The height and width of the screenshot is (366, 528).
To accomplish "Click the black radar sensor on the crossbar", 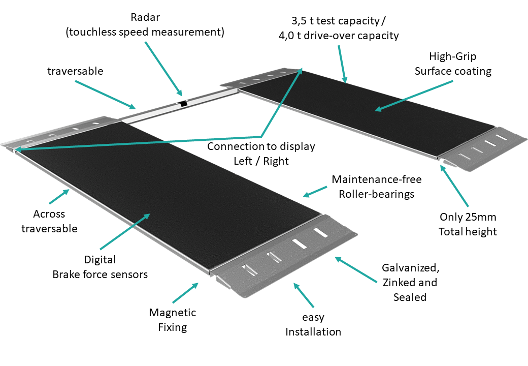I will [x=183, y=104].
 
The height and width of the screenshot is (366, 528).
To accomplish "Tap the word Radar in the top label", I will [x=145, y=18].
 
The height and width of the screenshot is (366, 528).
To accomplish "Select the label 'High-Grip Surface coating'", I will [x=453, y=64].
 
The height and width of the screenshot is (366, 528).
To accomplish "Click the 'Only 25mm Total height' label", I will [x=468, y=224].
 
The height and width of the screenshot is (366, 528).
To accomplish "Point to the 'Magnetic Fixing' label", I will [x=172, y=320].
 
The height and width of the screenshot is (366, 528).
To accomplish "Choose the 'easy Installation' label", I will [x=313, y=325].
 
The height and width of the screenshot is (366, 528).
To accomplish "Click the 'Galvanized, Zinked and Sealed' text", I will [x=409, y=282].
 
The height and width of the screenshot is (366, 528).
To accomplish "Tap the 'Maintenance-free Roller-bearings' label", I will [x=376, y=187].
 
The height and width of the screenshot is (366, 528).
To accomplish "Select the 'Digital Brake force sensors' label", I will [x=100, y=267].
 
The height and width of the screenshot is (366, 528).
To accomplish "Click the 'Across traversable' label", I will [x=49, y=221].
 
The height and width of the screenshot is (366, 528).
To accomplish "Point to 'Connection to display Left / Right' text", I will [x=261, y=154].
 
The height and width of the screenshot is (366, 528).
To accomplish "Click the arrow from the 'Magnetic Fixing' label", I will [x=185, y=293].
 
